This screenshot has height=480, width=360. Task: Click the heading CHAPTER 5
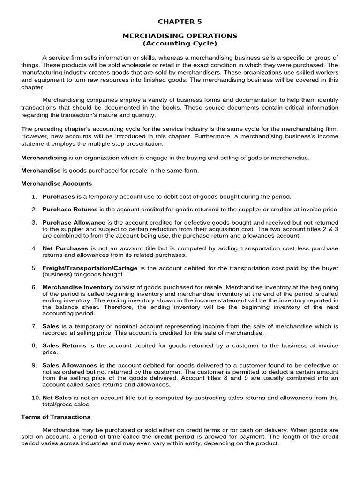coord(180,22)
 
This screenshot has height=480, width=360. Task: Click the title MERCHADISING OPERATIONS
coord(180,36)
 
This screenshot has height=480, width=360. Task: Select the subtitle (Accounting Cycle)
coord(180,43)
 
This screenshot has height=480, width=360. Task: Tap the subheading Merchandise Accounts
coord(57,183)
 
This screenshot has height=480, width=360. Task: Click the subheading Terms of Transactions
coord(56,416)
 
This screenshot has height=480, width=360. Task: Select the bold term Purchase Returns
coord(70,209)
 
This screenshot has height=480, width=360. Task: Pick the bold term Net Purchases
coord(65,247)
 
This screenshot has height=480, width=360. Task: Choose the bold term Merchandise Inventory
coord(77,287)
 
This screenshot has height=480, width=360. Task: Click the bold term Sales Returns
coord(64,345)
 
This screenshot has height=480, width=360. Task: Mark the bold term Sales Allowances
coord(70,365)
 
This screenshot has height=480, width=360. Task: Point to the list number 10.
coord(36,397)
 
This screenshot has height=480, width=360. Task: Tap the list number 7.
coord(34,326)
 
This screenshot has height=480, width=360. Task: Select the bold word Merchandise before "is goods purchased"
coord(41,170)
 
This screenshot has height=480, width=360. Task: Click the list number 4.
coord(34,247)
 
